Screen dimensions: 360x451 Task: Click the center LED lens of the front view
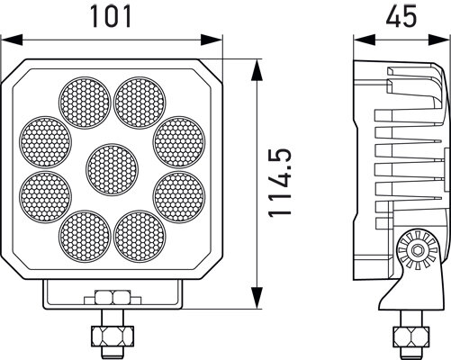click(113, 167)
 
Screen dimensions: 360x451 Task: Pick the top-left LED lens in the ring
click(85, 98)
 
